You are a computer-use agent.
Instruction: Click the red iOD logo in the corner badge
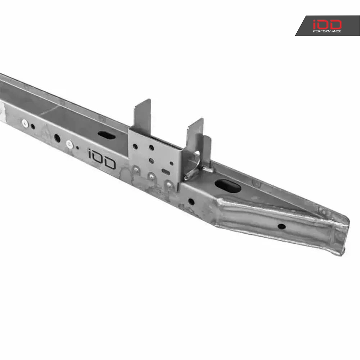[x=327, y=24]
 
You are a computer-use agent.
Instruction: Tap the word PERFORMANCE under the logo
[x=327, y=31]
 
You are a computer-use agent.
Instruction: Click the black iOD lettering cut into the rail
[x=102, y=159]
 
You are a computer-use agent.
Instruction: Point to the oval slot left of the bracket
[x=107, y=135]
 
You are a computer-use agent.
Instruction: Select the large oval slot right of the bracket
[x=228, y=186]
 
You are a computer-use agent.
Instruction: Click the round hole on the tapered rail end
[x=282, y=226]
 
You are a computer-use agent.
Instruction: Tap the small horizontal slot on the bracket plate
[x=166, y=171]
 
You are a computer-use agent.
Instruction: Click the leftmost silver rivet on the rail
[x=25, y=123]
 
